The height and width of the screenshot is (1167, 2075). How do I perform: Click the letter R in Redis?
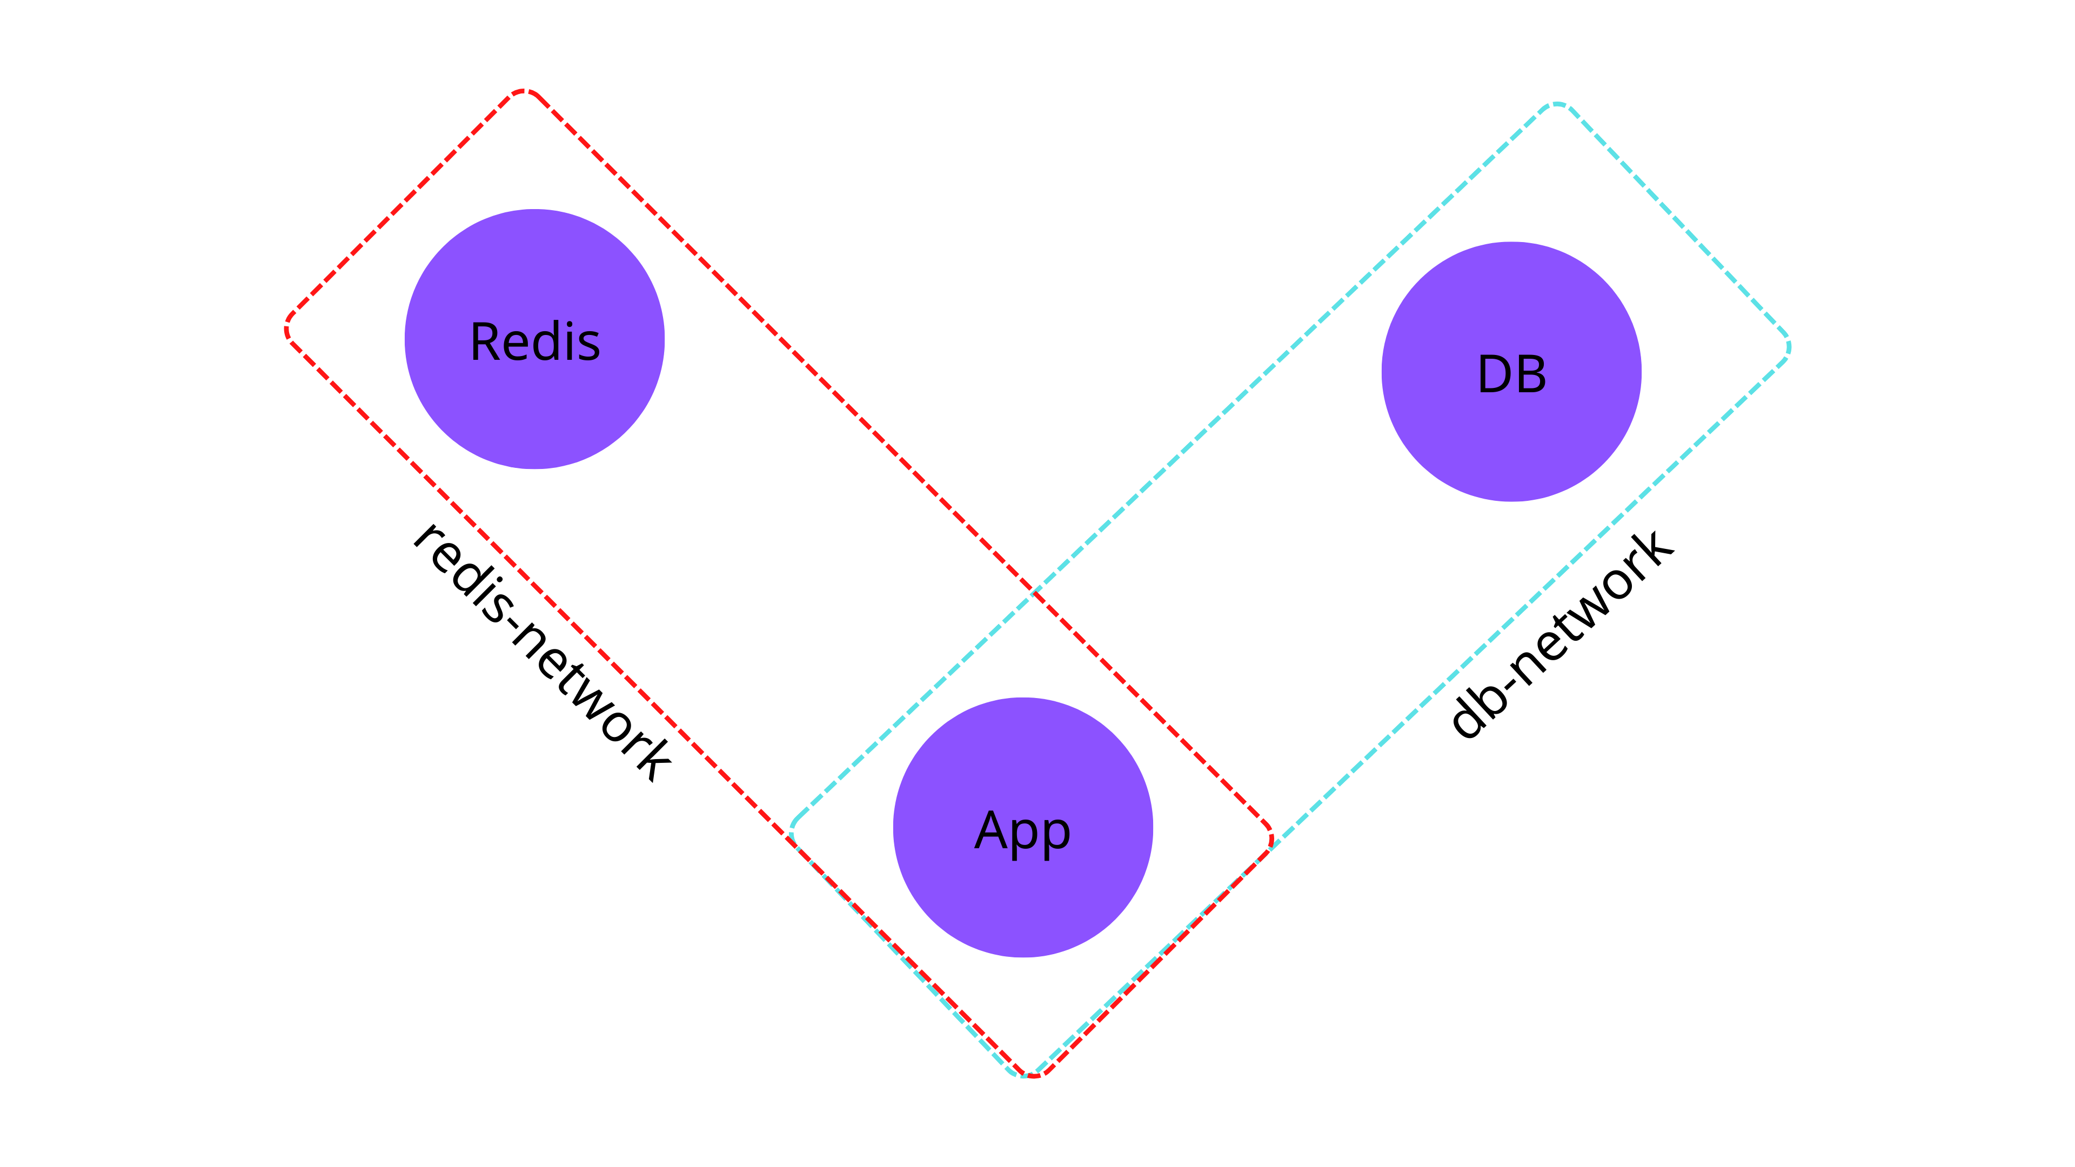pyautogui.click(x=486, y=343)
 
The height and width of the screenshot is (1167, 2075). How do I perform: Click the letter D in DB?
pyautogui.click(x=1494, y=374)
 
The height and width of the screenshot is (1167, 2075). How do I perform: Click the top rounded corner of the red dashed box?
pyautogui.click(x=524, y=92)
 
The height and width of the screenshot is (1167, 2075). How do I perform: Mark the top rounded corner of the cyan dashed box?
pyautogui.click(x=1556, y=105)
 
